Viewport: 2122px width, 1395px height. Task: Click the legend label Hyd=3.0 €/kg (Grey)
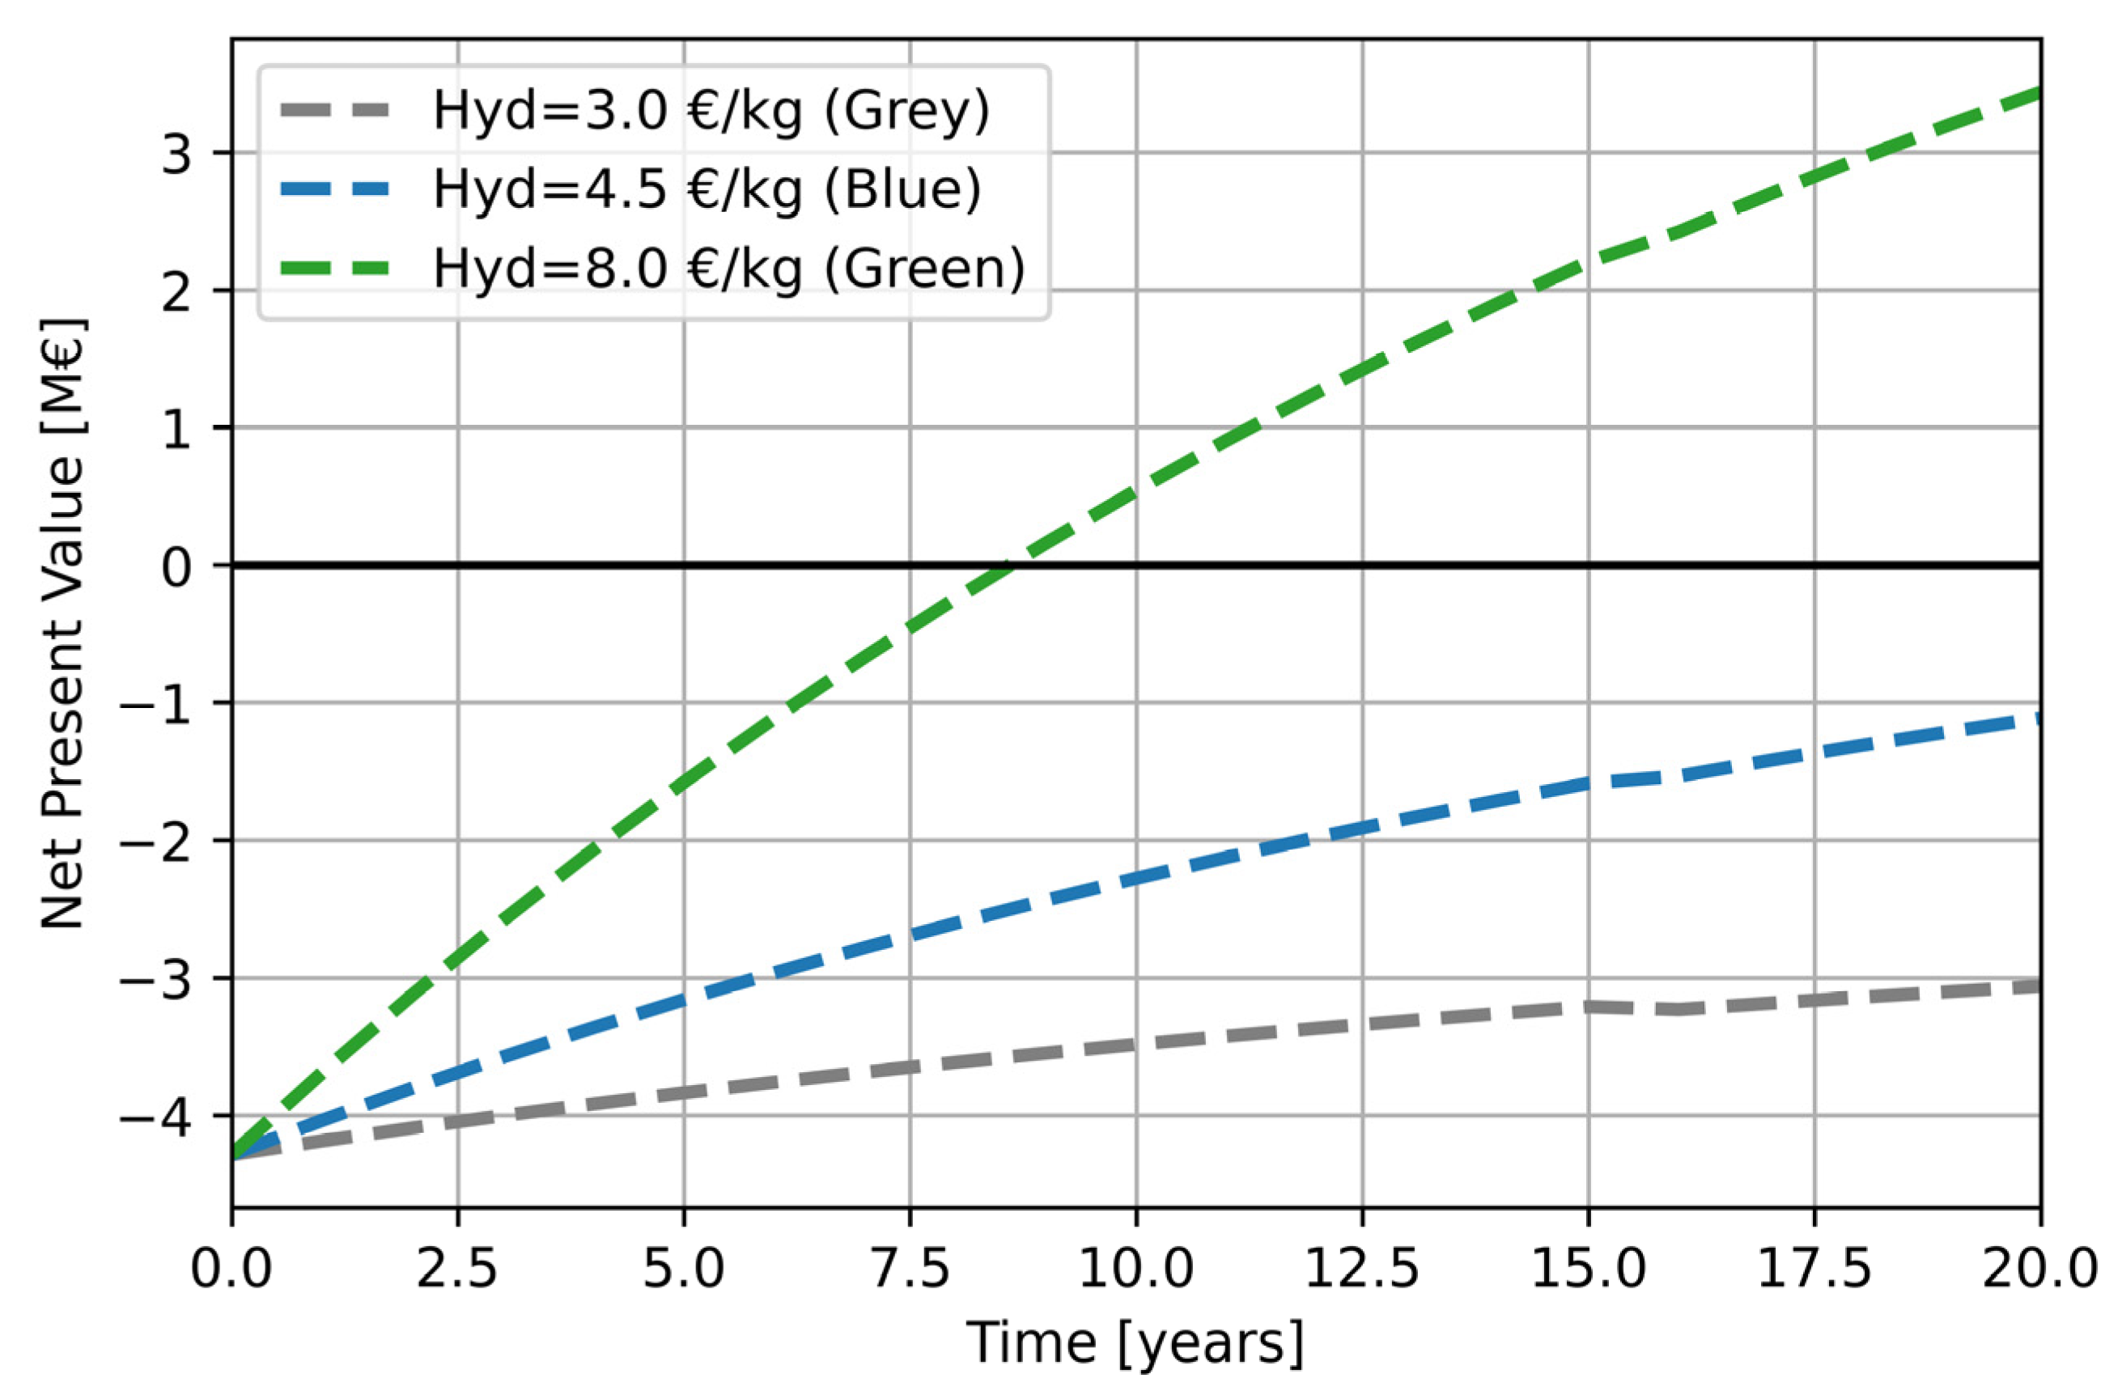[711, 113]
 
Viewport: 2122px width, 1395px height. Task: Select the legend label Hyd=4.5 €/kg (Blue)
[707, 191]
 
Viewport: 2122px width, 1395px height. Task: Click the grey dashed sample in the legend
[334, 112]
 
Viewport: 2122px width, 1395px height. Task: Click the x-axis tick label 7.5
[910, 1270]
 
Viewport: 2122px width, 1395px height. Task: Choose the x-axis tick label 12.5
[1361, 1270]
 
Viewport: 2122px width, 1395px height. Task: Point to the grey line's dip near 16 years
[1678, 1009]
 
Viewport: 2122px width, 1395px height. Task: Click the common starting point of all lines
[234, 1157]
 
